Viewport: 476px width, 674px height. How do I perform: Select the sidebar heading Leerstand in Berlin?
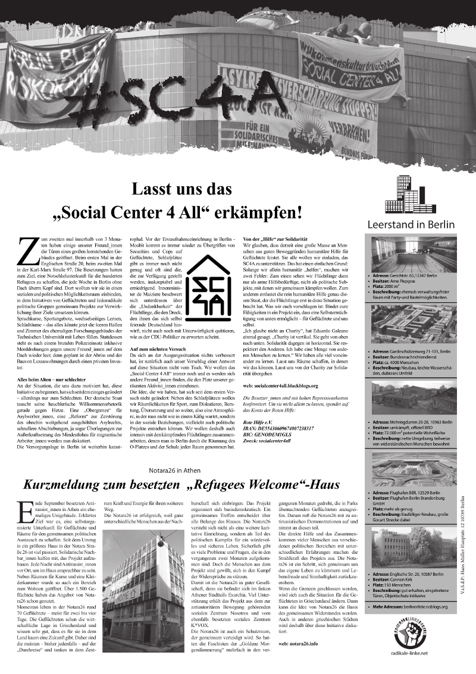click(411, 225)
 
